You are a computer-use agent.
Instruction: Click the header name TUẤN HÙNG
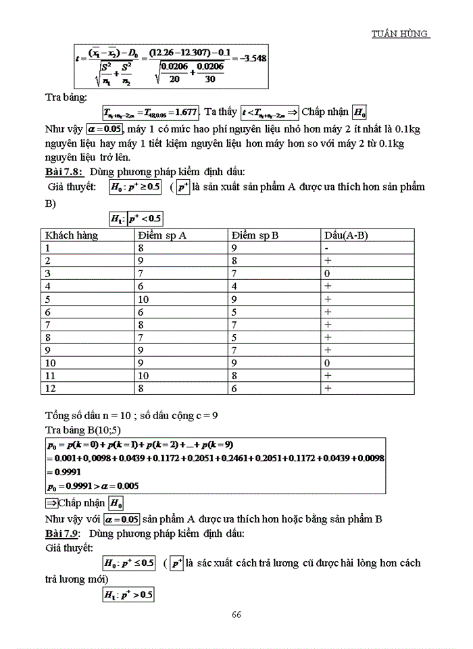click(401, 34)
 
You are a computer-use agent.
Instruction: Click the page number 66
click(236, 615)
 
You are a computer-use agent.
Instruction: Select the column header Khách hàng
click(72, 235)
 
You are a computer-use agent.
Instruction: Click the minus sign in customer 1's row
click(327, 248)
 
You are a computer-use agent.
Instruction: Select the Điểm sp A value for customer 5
click(143, 299)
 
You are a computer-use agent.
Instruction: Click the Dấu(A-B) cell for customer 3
click(327, 273)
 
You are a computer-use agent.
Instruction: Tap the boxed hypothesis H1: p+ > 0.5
click(128, 595)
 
